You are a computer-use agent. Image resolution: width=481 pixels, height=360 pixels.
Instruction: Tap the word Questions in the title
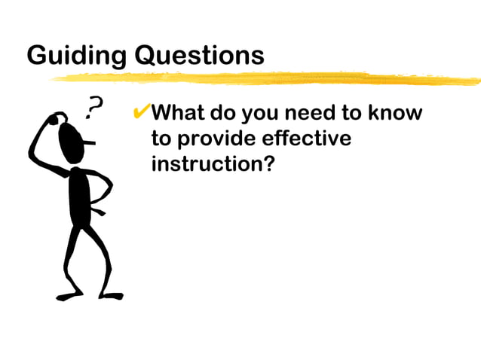(x=199, y=56)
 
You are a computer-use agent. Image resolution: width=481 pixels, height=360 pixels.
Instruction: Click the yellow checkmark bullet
(x=141, y=114)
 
